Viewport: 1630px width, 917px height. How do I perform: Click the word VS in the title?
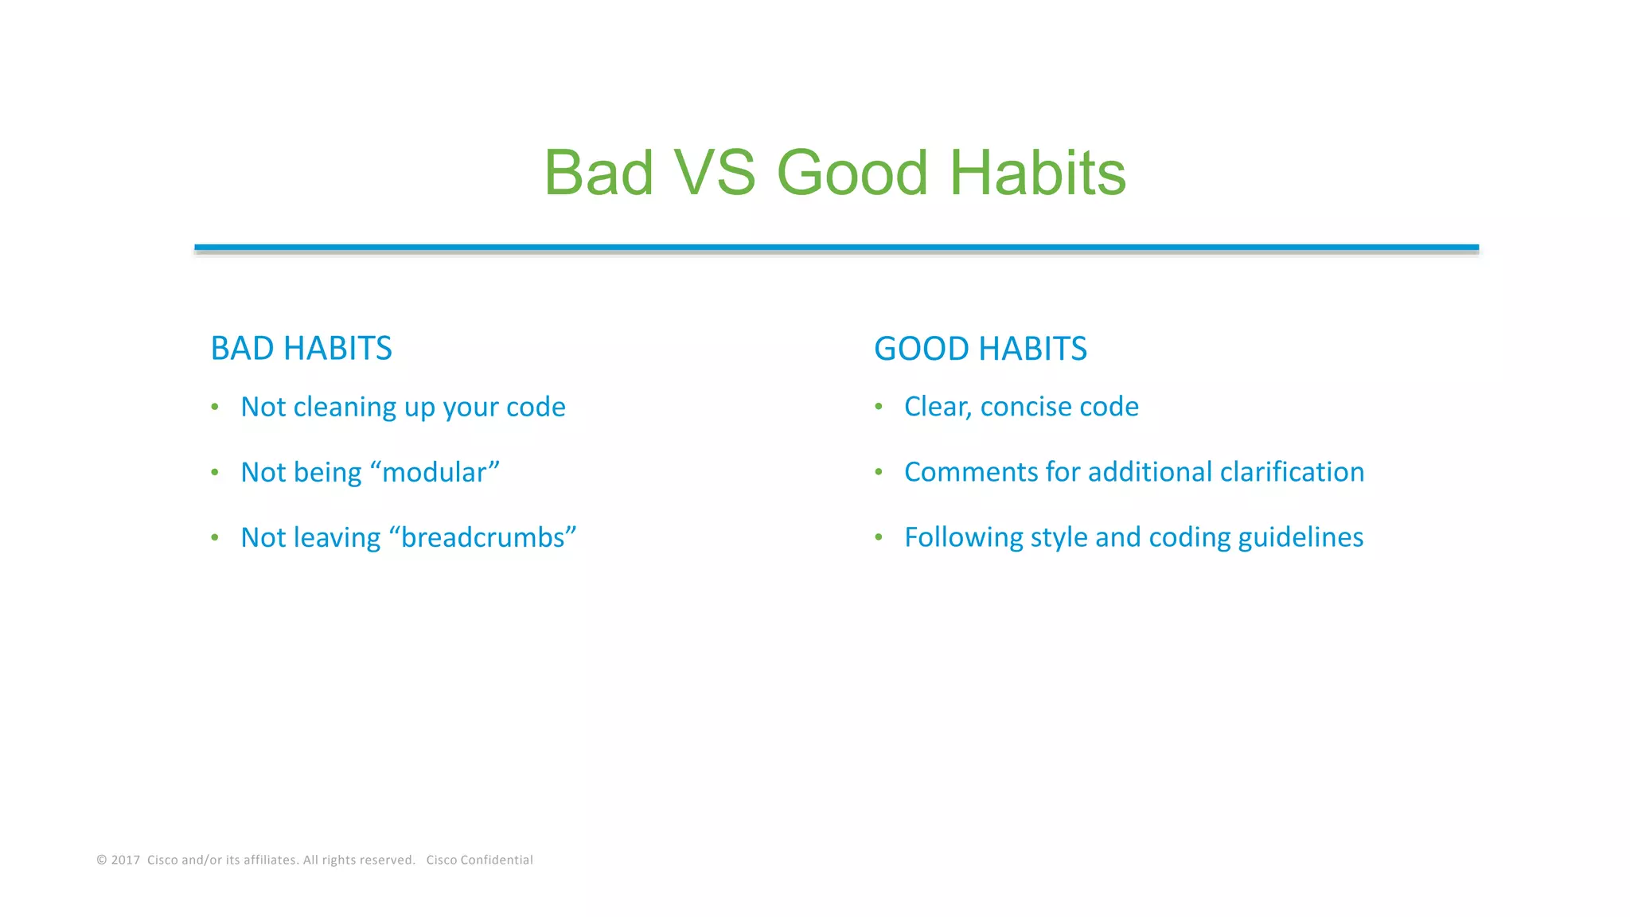tap(714, 173)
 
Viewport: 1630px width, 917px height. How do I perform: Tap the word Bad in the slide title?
tap(599, 173)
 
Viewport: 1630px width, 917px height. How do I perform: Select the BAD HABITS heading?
tap(301, 349)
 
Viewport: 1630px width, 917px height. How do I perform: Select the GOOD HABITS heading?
tap(980, 349)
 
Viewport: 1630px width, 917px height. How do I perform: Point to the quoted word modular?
tap(435, 472)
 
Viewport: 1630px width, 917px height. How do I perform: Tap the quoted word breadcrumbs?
tap(482, 537)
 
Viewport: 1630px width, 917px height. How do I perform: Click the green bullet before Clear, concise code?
tap(879, 407)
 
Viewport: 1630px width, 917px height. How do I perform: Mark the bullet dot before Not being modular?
tap(215, 472)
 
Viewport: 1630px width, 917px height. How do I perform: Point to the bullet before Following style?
tap(879, 537)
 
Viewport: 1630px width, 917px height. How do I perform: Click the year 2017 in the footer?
tap(125, 860)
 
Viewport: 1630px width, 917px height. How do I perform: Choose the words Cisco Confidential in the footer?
tap(479, 860)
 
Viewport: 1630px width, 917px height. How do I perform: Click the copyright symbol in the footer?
tap(102, 860)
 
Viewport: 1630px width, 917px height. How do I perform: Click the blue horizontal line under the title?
tap(836, 248)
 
